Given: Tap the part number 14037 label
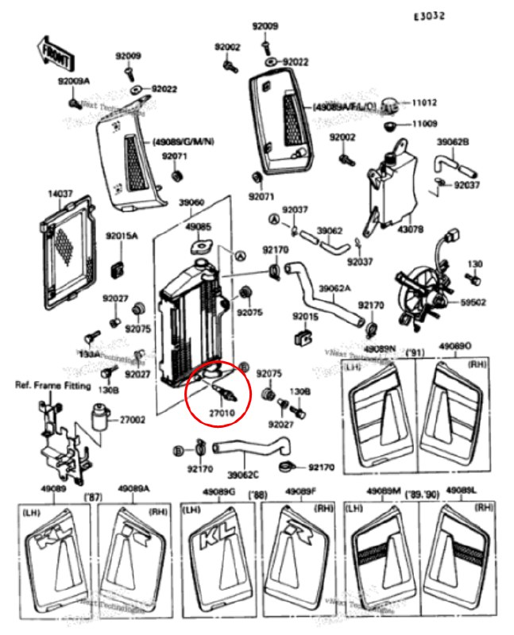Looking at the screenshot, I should [60, 193].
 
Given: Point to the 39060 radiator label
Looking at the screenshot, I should [192, 202].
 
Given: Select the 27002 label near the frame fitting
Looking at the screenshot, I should [133, 419].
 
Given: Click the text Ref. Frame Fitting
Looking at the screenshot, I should [49, 384].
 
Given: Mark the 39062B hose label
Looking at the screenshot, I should [453, 142].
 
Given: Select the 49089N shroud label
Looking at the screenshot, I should [380, 348].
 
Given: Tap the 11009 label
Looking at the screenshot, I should [424, 124].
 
